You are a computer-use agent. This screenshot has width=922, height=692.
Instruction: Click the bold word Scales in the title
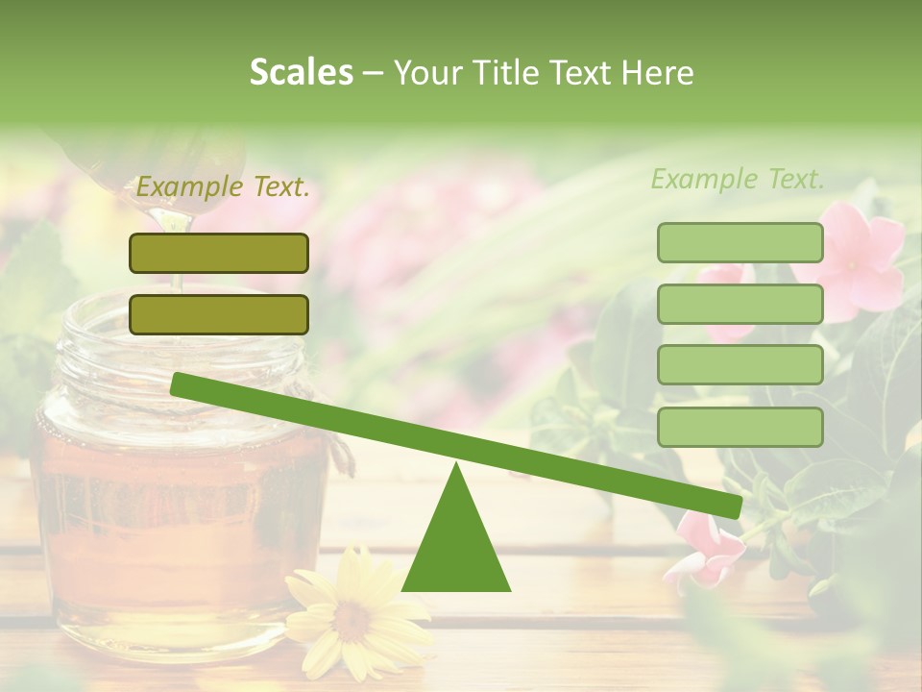[301, 73]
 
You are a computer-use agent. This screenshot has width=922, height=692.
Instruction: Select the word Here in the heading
[658, 73]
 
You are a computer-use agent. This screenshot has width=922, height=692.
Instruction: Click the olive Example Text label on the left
[223, 187]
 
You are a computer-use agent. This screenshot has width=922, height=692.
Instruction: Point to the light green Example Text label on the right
[738, 179]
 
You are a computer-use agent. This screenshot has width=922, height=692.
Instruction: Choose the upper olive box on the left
[219, 253]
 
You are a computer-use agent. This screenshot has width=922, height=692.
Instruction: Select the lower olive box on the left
[219, 314]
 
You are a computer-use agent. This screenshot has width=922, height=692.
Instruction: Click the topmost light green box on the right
[740, 242]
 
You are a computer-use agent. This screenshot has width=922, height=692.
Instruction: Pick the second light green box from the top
[740, 304]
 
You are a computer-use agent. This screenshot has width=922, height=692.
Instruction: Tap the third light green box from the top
[740, 365]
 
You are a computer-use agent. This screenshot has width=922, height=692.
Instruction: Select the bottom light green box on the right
[740, 427]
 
